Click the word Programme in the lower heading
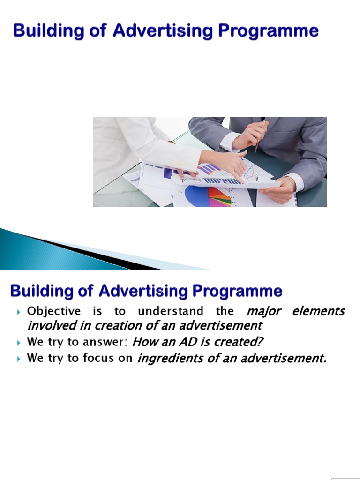(x=242, y=291)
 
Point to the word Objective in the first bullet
(x=54, y=311)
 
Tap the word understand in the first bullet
(x=171, y=311)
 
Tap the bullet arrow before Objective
(x=18, y=312)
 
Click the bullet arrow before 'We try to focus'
(x=18, y=360)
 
